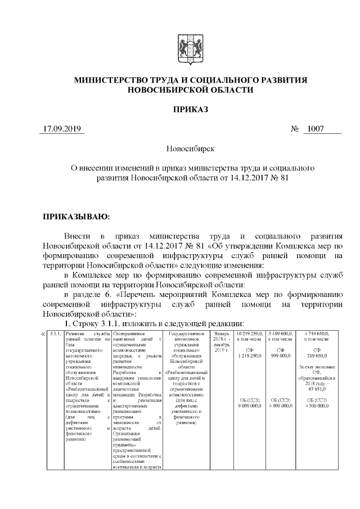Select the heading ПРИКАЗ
coord(190,109)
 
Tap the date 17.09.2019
coord(63,129)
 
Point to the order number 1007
coord(313,129)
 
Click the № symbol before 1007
coord(294,129)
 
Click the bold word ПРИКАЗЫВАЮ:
coord(76,216)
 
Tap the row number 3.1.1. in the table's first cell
coord(55,334)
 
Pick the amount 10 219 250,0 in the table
coord(249,334)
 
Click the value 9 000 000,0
coord(249,406)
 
